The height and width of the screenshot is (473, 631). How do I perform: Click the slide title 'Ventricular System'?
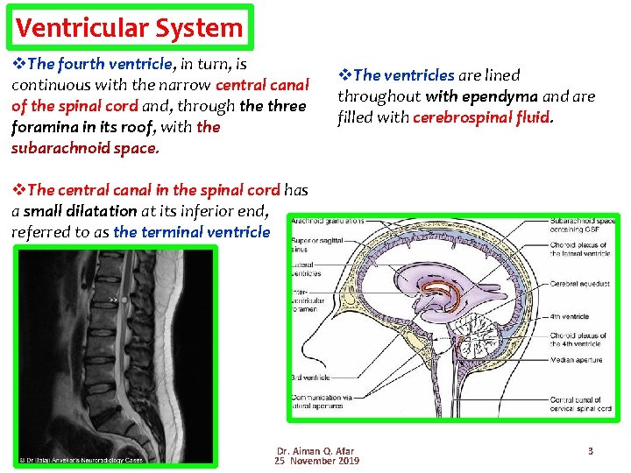[129, 27]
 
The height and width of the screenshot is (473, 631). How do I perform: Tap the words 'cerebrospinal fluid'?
[481, 116]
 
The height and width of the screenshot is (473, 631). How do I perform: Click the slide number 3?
[591, 451]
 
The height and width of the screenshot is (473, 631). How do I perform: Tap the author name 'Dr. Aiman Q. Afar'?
[315, 451]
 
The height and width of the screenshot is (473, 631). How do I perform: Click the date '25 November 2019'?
[315, 462]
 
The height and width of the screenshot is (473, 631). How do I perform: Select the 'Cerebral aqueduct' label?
[580, 284]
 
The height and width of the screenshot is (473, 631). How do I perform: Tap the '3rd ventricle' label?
[310, 378]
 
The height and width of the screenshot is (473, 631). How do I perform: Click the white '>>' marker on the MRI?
[113, 299]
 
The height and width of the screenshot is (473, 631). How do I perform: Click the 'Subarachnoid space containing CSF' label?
[581, 224]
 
